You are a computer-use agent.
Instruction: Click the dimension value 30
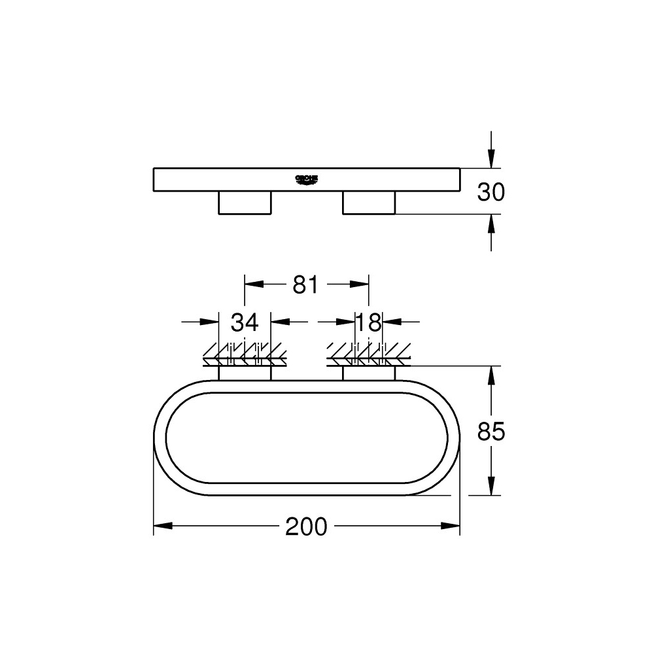click(491, 192)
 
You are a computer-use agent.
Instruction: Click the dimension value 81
click(305, 284)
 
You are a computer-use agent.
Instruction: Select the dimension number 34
click(245, 322)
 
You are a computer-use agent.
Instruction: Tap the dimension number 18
click(369, 322)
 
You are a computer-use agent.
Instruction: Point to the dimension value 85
click(491, 432)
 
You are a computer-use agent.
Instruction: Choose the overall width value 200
click(306, 526)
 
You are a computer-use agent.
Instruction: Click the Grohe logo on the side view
click(306, 178)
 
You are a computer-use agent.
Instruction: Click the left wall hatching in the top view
click(245, 354)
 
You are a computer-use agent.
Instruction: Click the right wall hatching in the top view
click(370, 354)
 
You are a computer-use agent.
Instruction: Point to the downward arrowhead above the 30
click(491, 160)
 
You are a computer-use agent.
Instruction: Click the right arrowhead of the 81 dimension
click(360, 284)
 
